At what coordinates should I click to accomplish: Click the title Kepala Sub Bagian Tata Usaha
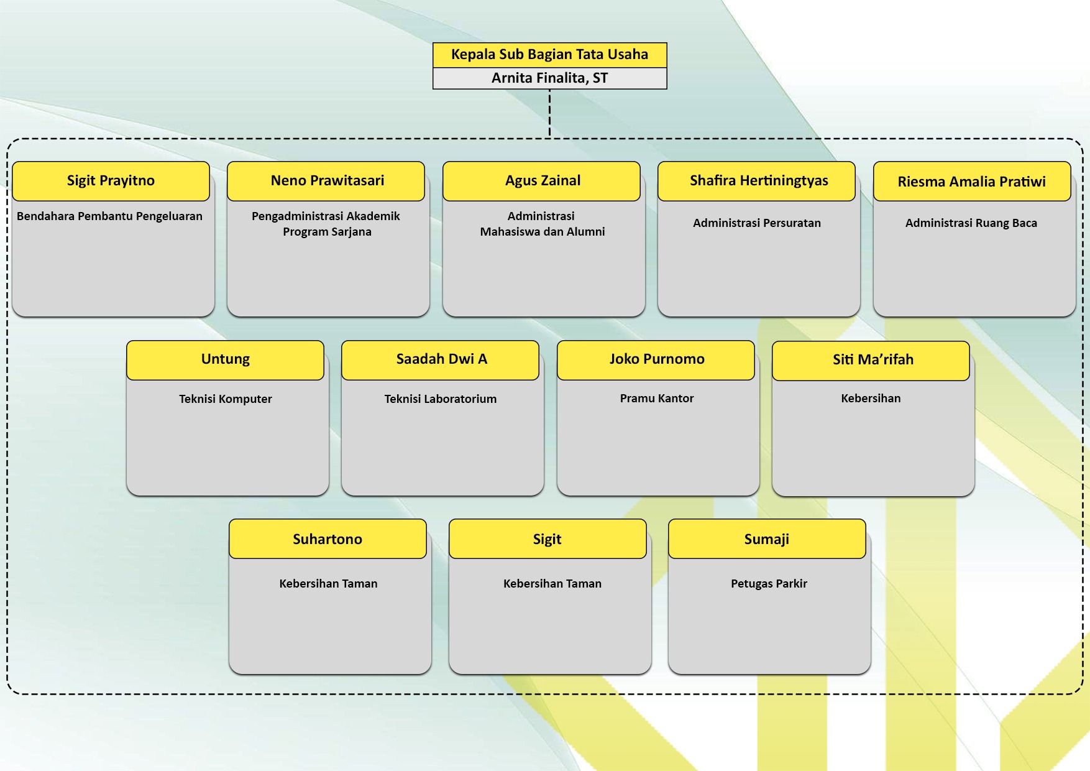(x=549, y=55)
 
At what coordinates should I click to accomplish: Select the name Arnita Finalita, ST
(x=549, y=78)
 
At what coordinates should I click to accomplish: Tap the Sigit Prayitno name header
(x=111, y=181)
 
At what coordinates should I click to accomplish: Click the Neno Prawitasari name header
(x=327, y=181)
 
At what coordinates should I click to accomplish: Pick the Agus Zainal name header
(x=543, y=181)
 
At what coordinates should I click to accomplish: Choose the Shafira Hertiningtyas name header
(x=758, y=181)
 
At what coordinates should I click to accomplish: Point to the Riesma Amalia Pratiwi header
(x=971, y=182)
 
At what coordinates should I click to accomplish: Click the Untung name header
(x=225, y=359)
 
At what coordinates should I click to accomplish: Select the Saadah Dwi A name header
(x=441, y=359)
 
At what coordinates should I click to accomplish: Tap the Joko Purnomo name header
(x=656, y=359)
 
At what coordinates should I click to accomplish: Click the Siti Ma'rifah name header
(x=872, y=360)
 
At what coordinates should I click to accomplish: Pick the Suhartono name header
(x=327, y=539)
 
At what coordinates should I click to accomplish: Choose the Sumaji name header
(x=766, y=539)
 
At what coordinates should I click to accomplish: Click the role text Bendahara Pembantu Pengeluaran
(x=109, y=216)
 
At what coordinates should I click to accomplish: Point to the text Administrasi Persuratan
(x=756, y=223)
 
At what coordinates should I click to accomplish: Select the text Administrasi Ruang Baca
(x=971, y=223)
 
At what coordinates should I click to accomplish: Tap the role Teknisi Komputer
(x=225, y=399)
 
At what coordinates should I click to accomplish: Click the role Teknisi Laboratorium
(x=440, y=399)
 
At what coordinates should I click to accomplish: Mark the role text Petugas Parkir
(x=769, y=584)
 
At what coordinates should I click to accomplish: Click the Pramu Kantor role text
(x=656, y=399)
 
